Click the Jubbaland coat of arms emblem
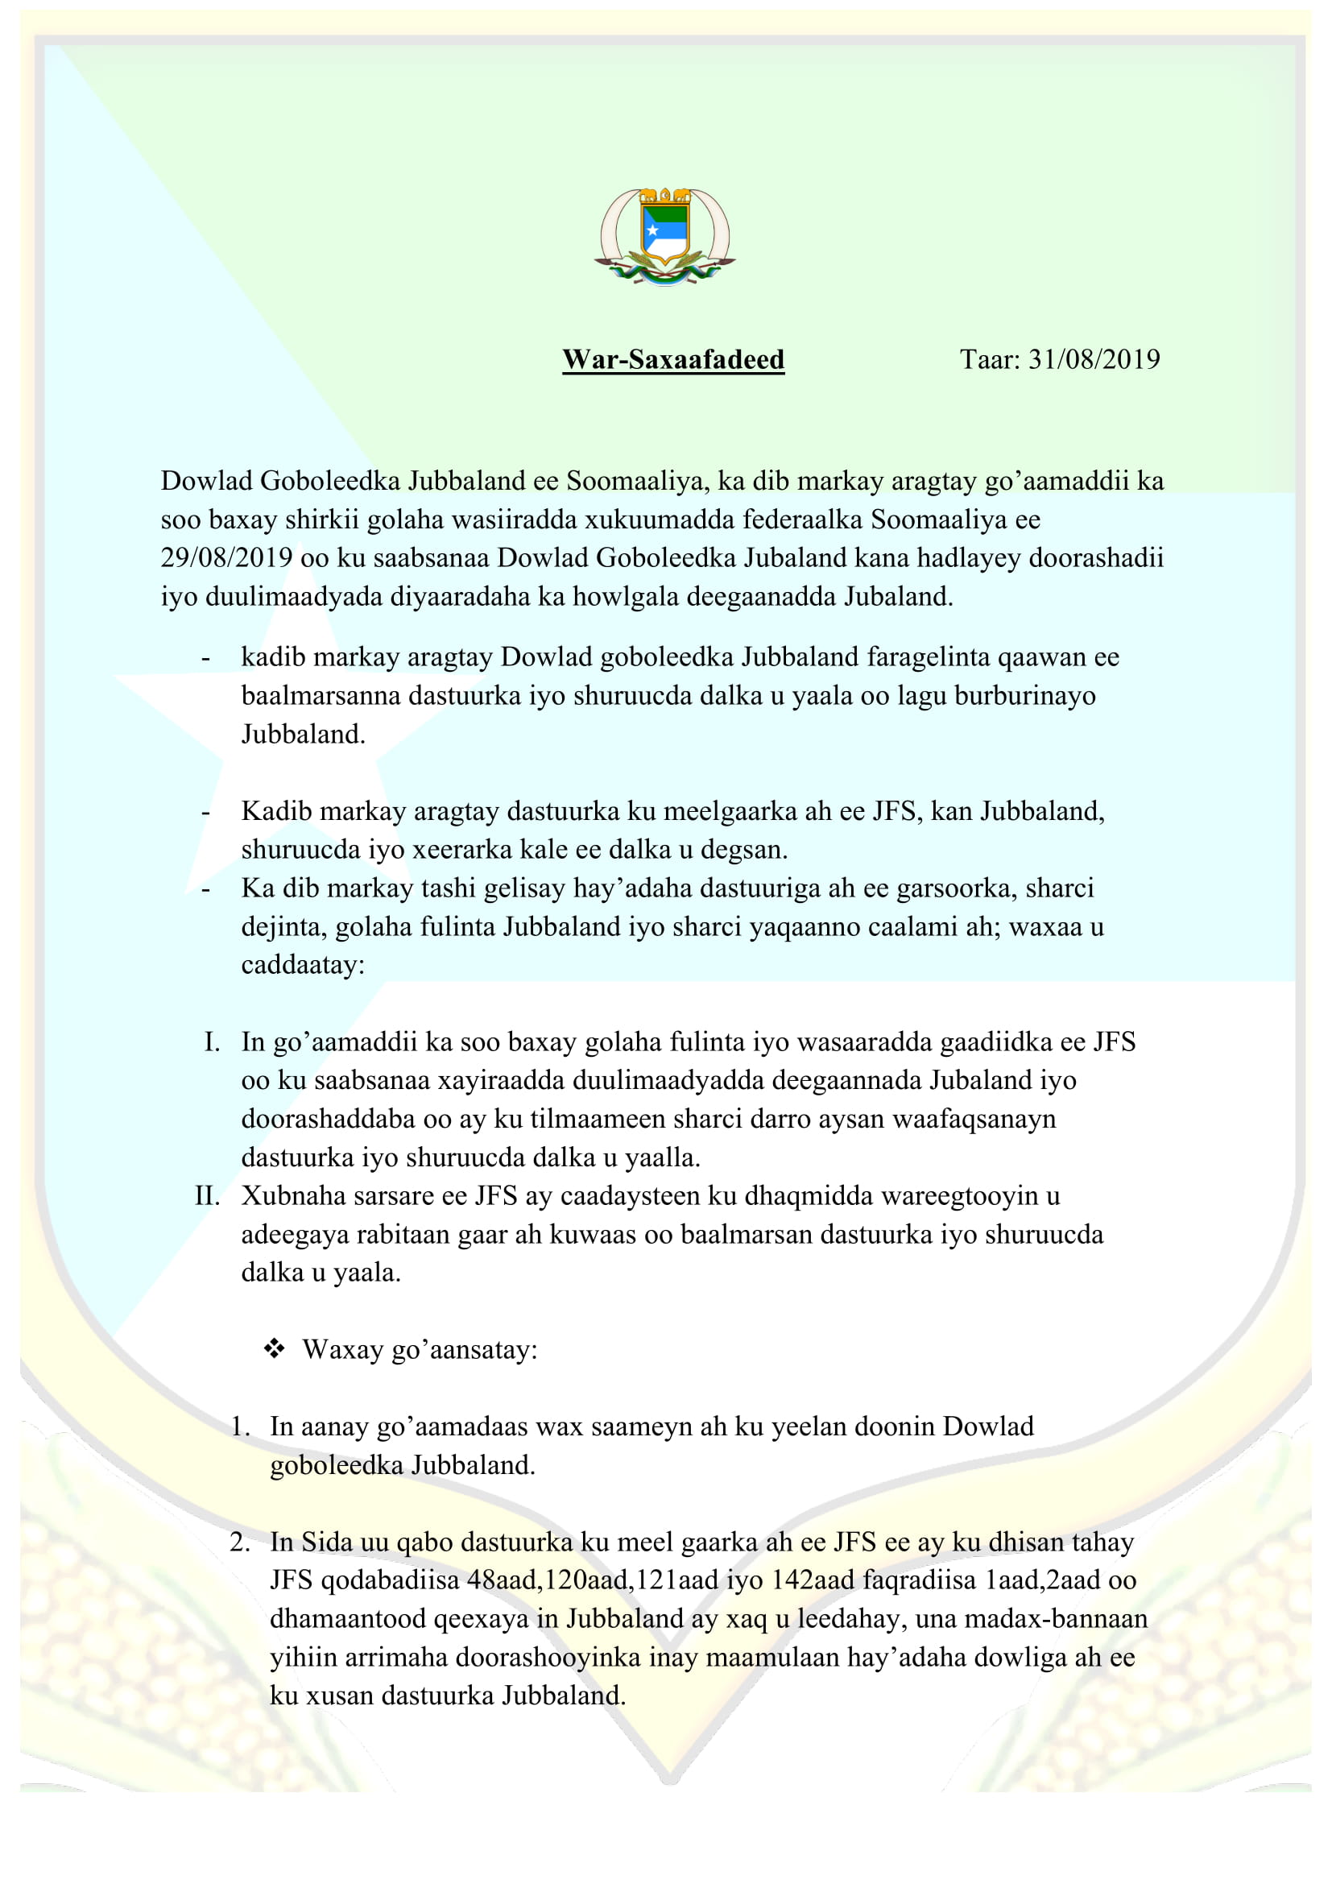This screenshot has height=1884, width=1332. (x=664, y=236)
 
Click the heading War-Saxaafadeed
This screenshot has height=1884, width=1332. (x=672, y=359)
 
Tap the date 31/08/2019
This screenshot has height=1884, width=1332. (x=1094, y=359)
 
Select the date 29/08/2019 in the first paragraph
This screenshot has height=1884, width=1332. (x=226, y=557)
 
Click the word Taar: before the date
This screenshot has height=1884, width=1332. (x=990, y=359)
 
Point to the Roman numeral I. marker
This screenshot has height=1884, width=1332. (x=212, y=1042)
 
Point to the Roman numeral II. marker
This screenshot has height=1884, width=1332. (x=207, y=1195)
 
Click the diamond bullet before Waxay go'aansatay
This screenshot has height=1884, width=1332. (x=274, y=1348)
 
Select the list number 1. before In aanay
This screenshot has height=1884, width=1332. (x=239, y=1426)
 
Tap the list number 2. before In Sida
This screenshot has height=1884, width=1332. (x=239, y=1542)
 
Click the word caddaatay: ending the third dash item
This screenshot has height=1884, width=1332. (x=303, y=965)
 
